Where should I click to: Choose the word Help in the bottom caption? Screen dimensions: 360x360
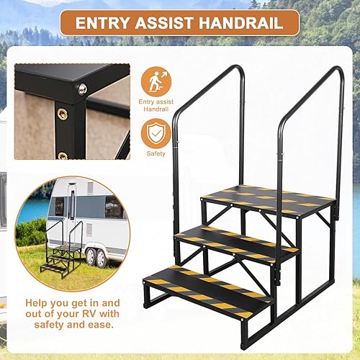tap(40, 303)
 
